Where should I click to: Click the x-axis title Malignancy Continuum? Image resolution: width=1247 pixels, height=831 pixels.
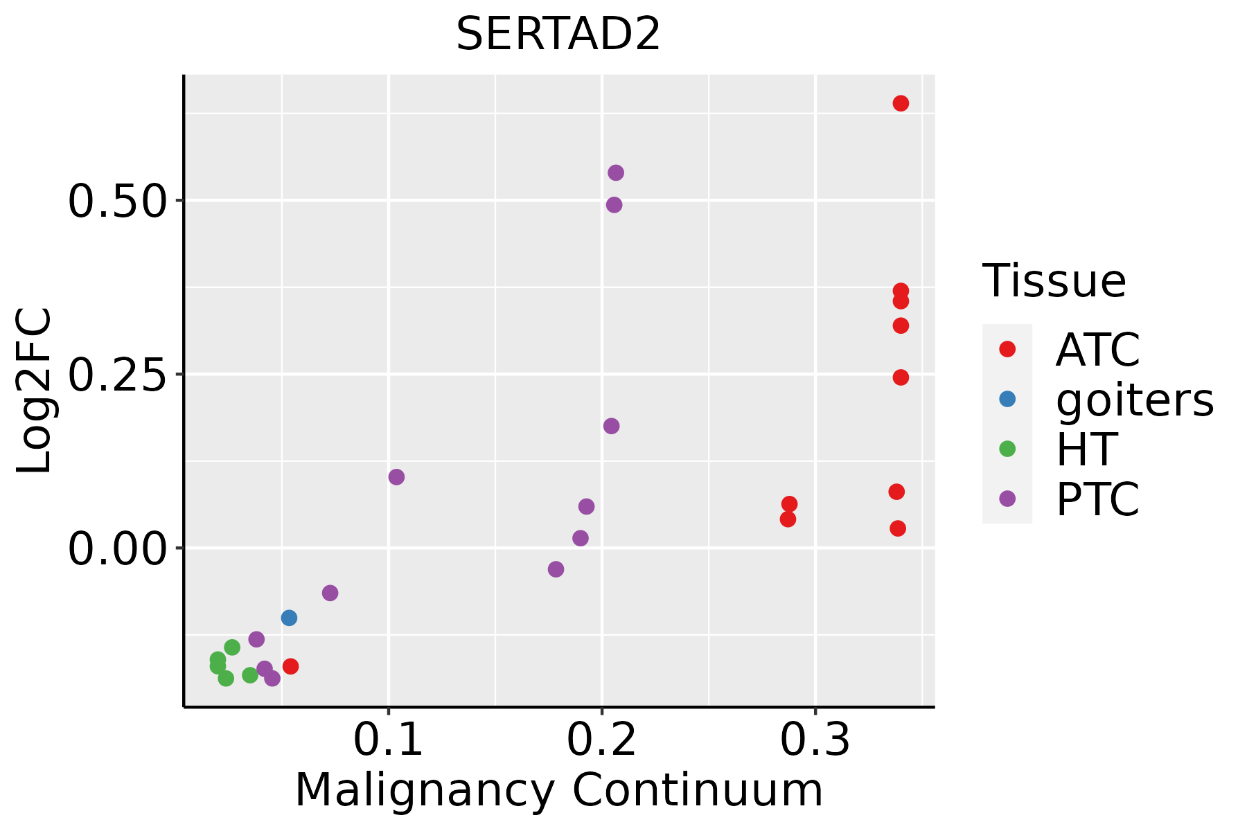click(x=558, y=790)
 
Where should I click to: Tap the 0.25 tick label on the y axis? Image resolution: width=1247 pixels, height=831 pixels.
click(x=118, y=375)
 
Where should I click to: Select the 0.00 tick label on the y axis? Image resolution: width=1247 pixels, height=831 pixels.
click(x=118, y=548)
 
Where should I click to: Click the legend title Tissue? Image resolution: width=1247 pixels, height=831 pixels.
click(x=1054, y=281)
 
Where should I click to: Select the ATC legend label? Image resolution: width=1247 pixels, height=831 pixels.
click(x=1097, y=350)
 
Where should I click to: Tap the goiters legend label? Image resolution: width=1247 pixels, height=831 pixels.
click(x=1134, y=400)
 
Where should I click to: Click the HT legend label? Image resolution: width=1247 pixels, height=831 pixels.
click(x=1086, y=449)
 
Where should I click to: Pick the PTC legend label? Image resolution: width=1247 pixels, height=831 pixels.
click(x=1097, y=499)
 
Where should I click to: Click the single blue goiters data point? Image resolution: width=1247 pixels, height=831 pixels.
click(x=290, y=618)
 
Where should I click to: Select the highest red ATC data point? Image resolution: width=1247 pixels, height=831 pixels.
click(x=901, y=103)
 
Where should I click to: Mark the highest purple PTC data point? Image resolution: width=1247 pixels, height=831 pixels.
click(x=615, y=172)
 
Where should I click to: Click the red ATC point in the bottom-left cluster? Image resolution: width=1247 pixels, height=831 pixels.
click(x=290, y=666)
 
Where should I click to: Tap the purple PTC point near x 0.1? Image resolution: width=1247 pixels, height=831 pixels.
click(x=396, y=476)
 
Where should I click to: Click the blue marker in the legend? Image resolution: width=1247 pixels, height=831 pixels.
click(x=1007, y=399)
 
